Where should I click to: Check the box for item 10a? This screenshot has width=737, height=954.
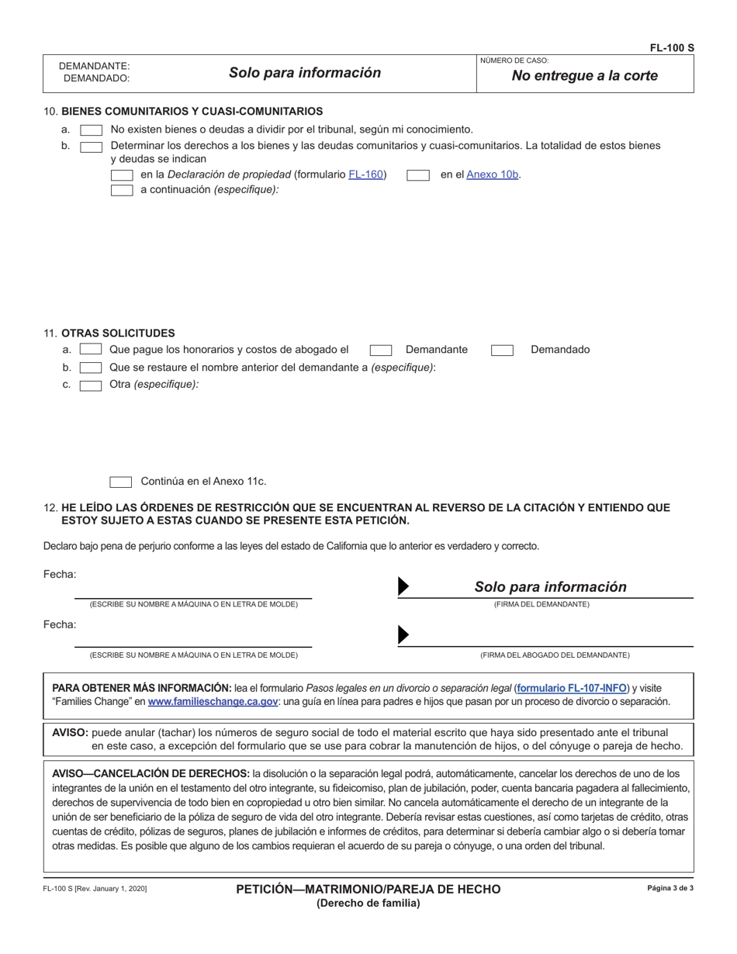(x=91, y=130)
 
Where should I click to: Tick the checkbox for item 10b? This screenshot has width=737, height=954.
(x=91, y=146)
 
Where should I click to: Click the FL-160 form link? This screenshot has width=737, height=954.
(x=365, y=175)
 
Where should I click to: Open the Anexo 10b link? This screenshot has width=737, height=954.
(x=493, y=175)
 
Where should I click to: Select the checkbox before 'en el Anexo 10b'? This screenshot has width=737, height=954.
(x=418, y=175)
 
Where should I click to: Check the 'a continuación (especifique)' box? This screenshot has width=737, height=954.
(x=122, y=190)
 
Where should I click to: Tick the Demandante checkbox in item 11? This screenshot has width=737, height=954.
(x=380, y=350)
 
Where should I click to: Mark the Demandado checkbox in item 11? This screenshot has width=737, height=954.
(x=502, y=350)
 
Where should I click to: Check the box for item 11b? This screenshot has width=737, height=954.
(x=91, y=368)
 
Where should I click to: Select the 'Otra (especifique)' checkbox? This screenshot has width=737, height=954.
(x=91, y=385)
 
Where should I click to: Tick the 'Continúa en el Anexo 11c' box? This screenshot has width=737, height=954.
(x=120, y=482)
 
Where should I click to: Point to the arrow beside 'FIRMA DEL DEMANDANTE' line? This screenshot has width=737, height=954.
(x=403, y=587)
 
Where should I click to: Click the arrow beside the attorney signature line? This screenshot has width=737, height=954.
(x=403, y=635)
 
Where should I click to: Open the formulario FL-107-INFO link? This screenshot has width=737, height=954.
(x=572, y=687)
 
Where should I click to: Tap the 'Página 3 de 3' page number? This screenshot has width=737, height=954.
(x=670, y=888)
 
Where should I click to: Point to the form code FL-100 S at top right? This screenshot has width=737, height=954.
(x=672, y=48)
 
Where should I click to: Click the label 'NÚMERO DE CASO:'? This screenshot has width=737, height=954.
(x=514, y=60)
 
